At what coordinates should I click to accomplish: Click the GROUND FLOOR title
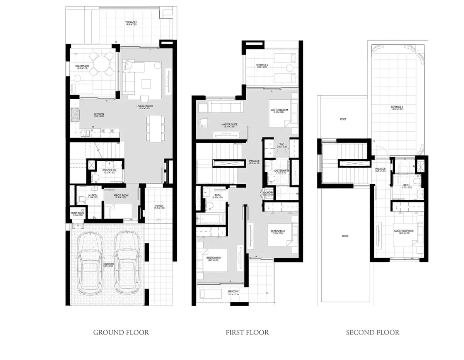pyautogui.click(x=121, y=332)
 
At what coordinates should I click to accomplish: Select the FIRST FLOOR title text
pyautogui.click(x=247, y=332)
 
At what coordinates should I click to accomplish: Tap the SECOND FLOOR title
pyautogui.click(x=372, y=332)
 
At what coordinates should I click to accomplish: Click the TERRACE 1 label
pyautogui.click(x=131, y=22)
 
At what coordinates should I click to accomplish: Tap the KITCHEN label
pyautogui.click(x=99, y=114)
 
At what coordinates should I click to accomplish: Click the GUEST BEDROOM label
pyautogui.click(x=404, y=231)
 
